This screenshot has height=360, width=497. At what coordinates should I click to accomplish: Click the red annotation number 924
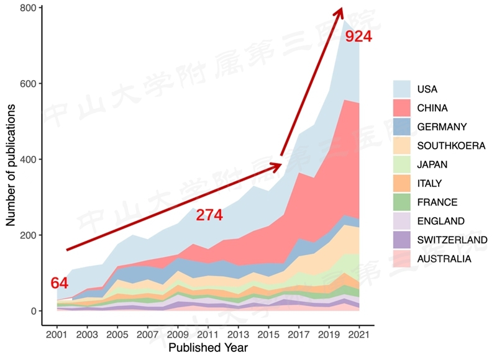pyautogui.click(x=358, y=37)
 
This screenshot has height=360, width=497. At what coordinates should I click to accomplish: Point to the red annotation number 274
pyautogui.click(x=209, y=215)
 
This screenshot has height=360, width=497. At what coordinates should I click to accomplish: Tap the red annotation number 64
pyautogui.click(x=59, y=284)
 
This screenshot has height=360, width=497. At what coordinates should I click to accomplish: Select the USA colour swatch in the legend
pyautogui.click(x=403, y=89)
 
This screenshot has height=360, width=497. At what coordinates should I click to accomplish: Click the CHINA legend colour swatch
pyautogui.click(x=403, y=108)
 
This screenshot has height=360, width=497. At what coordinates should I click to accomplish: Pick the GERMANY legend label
pyautogui.click(x=442, y=127)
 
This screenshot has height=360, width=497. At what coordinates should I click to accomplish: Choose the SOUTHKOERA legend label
pyautogui.click(x=451, y=146)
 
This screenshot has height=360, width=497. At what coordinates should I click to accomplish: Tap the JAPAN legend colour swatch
pyautogui.click(x=403, y=164)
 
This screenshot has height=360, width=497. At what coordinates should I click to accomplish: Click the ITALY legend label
pyautogui.click(x=429, y=183)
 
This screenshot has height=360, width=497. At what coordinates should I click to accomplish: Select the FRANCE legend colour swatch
pyautogui.click(x=403, y=202)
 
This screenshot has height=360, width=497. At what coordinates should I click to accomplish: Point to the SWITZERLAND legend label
pyautogui.click(x=452, y=240)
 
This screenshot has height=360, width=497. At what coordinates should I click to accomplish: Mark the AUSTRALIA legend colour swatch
pyautogui.click(x=403, y=258)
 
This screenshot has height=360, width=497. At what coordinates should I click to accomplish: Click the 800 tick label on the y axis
pyautogui.click(x=27, y=8)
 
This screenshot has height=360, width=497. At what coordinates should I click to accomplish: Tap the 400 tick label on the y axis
pyautogui.click(x=27, y=160)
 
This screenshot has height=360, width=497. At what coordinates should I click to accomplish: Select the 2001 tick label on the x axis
pyautogui.click(x=57, y=335)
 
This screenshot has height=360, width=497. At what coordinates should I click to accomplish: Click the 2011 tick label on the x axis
pyautogui.click(x=207, y=335)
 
